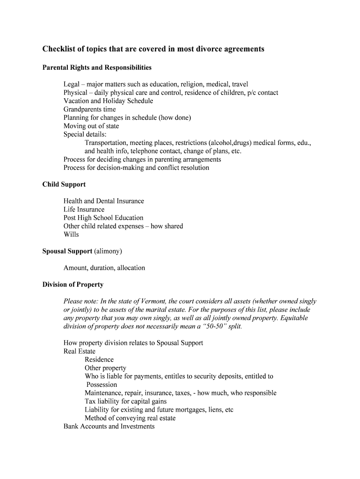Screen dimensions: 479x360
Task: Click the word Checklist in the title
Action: coord(58,49)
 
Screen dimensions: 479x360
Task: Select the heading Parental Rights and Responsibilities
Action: coord(97,68)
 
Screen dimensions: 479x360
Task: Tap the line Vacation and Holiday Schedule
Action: coord(108,101)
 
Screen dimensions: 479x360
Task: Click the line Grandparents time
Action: coord(90,109)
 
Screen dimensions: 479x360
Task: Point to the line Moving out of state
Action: coord(91,126)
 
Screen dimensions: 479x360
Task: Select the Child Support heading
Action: coord(64,184)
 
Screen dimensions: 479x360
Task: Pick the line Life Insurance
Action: coord(84,210)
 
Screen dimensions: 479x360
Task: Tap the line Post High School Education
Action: coord(103,218)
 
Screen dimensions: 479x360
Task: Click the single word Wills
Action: coord(71,234)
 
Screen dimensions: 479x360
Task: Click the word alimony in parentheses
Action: coord(108,251)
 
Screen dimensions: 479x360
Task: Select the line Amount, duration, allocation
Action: coord(104,268)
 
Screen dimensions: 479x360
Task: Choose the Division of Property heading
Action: coord(73,284)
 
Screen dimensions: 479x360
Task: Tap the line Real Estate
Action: coord(79,351)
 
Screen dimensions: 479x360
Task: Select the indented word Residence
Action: coord(99,360)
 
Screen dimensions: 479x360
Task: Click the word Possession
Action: coord(101,385)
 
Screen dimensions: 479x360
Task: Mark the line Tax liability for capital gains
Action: coord(125,401)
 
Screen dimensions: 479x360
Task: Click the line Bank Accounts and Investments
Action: coord(109,427)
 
